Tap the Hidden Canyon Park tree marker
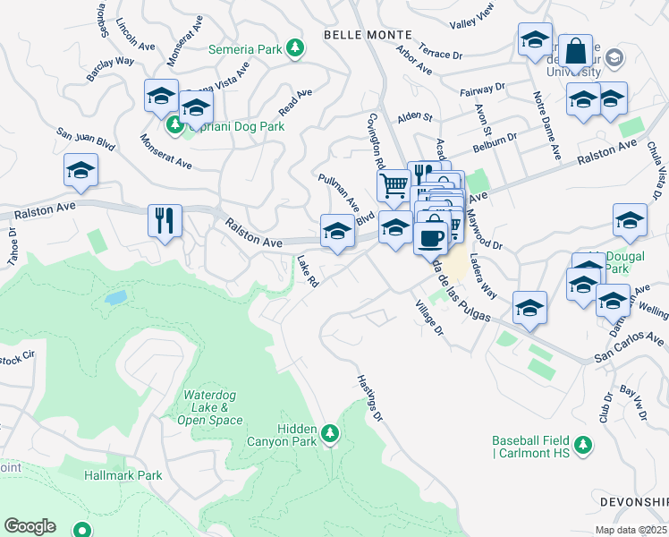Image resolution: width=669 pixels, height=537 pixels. pos(331,434)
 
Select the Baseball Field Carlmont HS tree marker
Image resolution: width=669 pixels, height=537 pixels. pos(583,444)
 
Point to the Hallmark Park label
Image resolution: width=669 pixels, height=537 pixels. pos(123,475)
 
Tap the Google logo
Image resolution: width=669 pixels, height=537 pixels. pos(30,526)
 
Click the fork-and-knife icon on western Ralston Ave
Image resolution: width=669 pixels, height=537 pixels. pos(165,220)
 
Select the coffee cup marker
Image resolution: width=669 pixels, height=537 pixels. pos(431,238)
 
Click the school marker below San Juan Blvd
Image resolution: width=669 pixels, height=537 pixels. pos(80,170)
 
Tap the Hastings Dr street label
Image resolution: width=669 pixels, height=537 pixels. pos(369,398)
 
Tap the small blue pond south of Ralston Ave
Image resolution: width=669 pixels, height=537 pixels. pos(115,297)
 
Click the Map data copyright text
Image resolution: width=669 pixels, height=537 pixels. pos(631,530)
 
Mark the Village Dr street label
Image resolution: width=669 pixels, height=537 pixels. pos(428,318)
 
